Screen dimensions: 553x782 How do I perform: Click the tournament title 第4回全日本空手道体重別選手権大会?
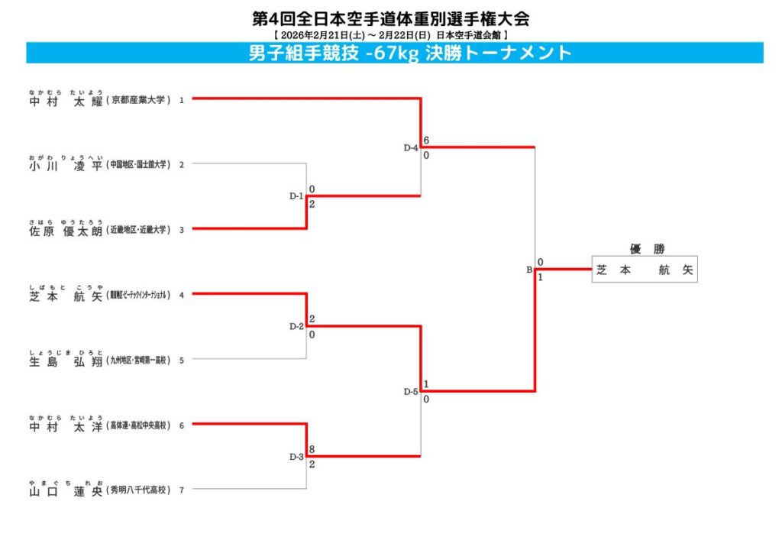pos(390,18)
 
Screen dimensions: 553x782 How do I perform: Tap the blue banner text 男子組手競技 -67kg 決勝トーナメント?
pos(410,53)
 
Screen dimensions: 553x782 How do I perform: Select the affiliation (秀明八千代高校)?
pos(138,490)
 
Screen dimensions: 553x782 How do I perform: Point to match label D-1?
pos(296,196)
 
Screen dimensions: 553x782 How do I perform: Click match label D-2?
pos(296,327)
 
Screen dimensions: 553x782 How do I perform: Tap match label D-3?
pos(296,457)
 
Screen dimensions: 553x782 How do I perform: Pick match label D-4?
pos(411,147)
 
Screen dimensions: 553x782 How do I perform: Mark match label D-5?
pos(411,392)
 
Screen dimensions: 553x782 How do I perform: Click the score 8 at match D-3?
pos(312,451)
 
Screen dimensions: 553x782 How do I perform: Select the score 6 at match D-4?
pos(426,141)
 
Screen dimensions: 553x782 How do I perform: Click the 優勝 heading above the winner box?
pos(645,249)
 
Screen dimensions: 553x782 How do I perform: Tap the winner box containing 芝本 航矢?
pos(645,270)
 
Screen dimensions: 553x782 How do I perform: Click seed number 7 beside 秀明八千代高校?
pos(182,490)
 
